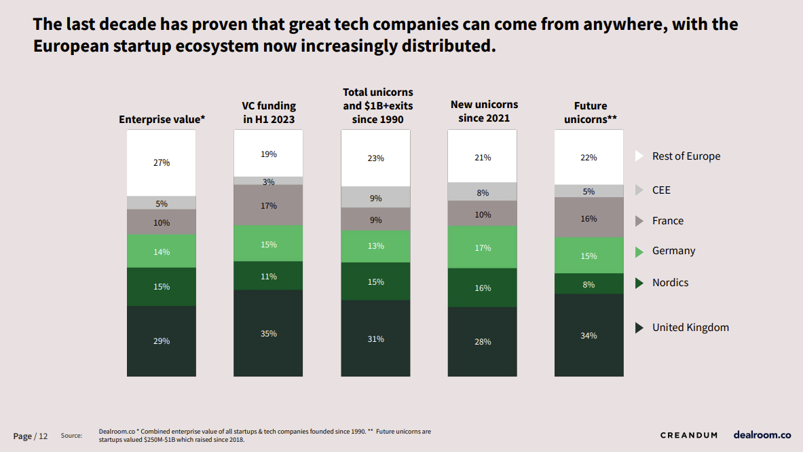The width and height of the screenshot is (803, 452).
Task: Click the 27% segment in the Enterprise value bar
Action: tap(162, 163)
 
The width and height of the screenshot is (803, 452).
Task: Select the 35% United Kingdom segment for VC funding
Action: tap(268, 333)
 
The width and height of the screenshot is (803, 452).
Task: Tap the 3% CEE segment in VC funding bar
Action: tap(268, 181)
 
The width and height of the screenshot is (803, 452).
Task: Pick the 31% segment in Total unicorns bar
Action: tap(375, 338)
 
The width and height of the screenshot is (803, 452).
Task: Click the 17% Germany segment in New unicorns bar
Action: tap(483, 247)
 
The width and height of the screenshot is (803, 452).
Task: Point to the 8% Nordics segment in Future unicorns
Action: tap(589, 284)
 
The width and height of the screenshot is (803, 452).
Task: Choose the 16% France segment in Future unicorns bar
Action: tap(589, 218)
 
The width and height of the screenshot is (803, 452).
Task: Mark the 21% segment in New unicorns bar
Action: tap(483, 157)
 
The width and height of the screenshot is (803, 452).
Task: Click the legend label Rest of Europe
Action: tap(686, 156)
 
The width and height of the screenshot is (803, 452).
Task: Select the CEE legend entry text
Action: tap(661, 190)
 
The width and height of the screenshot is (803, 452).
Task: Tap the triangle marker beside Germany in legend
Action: tap(639, 251)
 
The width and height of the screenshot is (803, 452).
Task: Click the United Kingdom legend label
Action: tap(690, 328)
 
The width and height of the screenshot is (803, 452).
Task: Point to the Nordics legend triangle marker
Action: tap(639, 283)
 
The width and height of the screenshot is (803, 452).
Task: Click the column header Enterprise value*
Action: tap(162, 119)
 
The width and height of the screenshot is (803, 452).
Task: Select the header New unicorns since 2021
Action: tap(484, 111)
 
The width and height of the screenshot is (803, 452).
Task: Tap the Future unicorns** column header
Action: tap(590, 113)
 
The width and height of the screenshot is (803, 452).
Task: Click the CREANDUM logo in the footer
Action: tap(688, 435)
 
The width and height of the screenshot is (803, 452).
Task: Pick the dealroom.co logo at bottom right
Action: tap(762, 434)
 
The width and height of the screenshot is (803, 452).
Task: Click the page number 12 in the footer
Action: tap(43, 436)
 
